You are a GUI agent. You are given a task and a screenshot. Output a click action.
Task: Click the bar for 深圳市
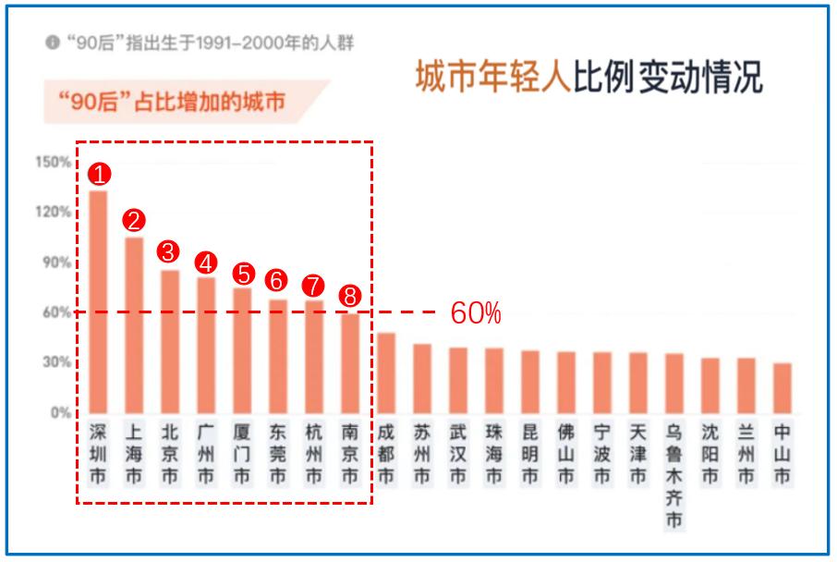tap(98, 300)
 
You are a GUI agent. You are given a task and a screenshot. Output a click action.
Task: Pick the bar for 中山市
tap(782, 387)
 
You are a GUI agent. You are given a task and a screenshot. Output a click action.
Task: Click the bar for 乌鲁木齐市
tap(674, 383)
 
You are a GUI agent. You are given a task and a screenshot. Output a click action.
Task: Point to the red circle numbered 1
tap(98, 174)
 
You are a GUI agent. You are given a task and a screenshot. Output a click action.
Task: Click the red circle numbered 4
tap(206, 262)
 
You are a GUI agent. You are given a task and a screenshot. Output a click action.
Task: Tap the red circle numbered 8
tap(350, 296)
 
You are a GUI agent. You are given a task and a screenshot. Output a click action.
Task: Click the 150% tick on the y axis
tap(54, 163)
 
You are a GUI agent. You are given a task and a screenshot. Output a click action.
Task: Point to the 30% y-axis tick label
tap(56, 362)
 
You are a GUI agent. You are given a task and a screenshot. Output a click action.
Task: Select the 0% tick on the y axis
tap(60, 412)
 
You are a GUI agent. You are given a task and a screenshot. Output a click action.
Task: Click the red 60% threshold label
tap(476, 313)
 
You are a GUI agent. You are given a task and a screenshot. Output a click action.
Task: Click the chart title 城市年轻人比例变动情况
tap(588, 79)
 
